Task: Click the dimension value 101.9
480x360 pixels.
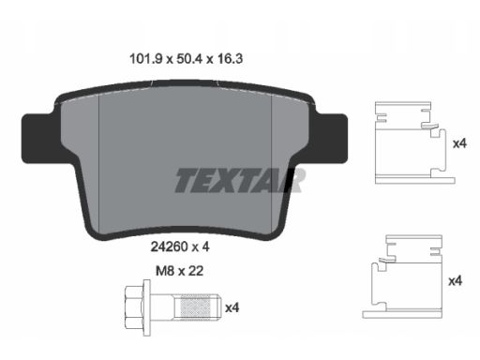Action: click(x=146, y=59)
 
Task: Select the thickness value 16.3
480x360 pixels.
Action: click(x=230, y=59)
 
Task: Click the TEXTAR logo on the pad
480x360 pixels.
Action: click(x=240, y=180)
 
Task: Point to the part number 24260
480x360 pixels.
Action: click(x=169, y=247)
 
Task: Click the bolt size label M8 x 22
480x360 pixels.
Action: click(x=180, y=271)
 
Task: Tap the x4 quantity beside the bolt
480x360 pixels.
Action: click(x=232, y=307)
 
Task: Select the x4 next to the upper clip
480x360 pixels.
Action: click(x=459, y=143)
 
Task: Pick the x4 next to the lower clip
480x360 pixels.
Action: click(x=455, y=281)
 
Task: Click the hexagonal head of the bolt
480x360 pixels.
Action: click(x=133, y=307)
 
